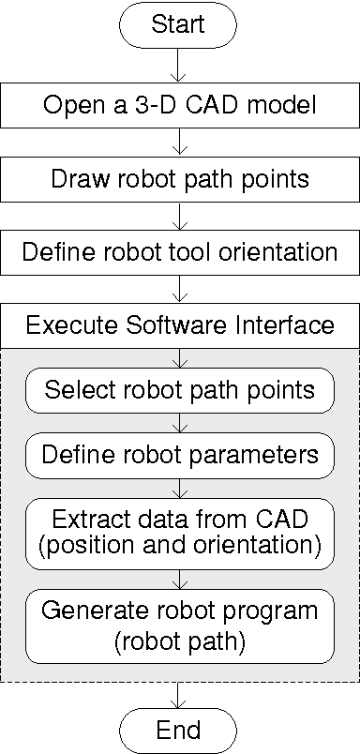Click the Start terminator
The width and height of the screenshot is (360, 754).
pyautogui.click(x=178, y=24)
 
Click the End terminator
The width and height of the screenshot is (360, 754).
pyautogui.click(x=178, y=729)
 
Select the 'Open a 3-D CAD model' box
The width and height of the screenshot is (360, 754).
pyautogui.click(x=179, y=104)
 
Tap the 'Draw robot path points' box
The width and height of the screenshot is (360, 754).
pyautogui.click(x=179, y=178)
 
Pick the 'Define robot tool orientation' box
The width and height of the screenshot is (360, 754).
pyautogui.click(x=179, y=252)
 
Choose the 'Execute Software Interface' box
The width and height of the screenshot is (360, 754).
pyautogui.click(x=179, y=325)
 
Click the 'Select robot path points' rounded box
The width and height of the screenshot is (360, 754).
pyautogui.click(x=179, y=389)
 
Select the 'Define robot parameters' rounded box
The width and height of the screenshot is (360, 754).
pyautogui.click(x=179, y=456)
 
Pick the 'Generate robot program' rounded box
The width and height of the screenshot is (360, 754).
pyautogui.click(x=179, y=625)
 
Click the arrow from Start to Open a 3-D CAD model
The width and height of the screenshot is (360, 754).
pyautogui.click(x=178, y=65)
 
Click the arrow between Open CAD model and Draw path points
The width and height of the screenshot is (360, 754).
pyautogui.click(x=179, y=142)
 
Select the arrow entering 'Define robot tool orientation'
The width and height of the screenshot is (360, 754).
pyautogui.click(x=179, y=215)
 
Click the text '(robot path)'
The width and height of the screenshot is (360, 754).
pyautogui.click(x=179, y=642)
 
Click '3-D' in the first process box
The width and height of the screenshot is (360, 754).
pyautogui.click(x=164, y=104)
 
